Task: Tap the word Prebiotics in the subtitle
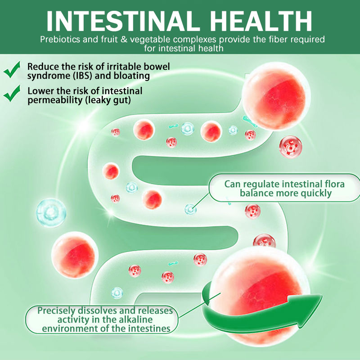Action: click(x=59, y=40)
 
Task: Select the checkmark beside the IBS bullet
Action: click(x=12, y=71)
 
